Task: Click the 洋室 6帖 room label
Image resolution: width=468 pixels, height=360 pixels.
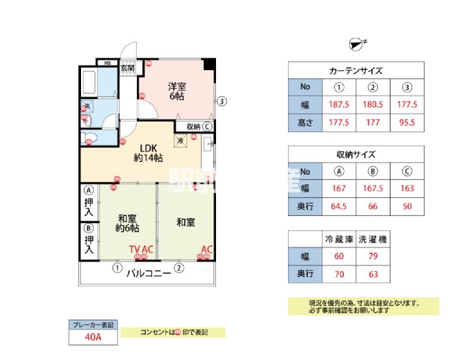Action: (176, 91)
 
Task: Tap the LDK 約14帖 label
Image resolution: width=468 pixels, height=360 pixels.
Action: (147, 153)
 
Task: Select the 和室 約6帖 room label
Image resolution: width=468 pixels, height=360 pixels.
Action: (128, 223)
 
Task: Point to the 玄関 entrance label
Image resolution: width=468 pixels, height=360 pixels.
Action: (127, 68)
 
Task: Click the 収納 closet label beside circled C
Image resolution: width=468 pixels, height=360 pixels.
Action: (193, 127)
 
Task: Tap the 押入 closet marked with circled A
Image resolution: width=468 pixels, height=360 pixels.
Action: (89, 203)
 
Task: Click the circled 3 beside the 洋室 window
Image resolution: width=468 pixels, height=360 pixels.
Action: (222, 101)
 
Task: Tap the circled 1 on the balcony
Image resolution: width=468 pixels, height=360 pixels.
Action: (117, 268)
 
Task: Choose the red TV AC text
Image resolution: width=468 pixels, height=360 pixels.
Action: (142, 249)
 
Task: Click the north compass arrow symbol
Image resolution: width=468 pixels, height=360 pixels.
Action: (356, 43)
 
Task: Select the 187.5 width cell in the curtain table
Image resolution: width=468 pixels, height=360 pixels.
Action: (339, 104)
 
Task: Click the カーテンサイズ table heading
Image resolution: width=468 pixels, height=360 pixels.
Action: (356, 70)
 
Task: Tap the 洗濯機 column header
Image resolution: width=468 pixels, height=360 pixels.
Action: (373, 239)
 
